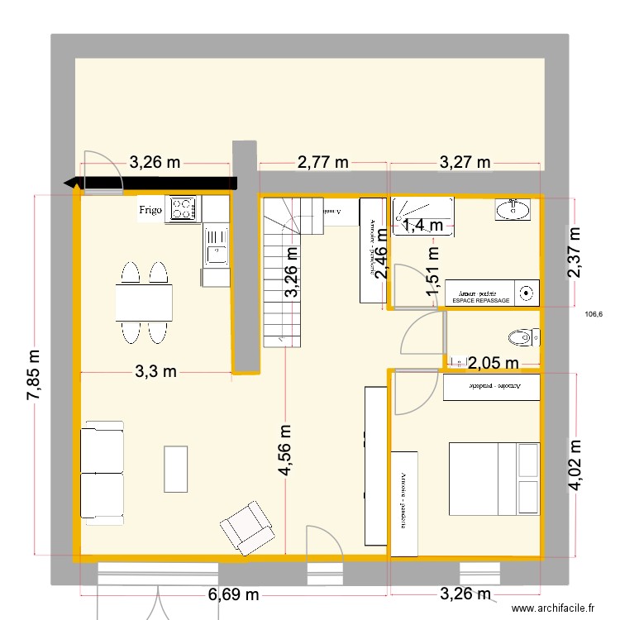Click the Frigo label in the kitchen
click(x=150, y=210)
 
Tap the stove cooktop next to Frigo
click(x=183, y=209)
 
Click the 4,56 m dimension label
click(x=285, y=451)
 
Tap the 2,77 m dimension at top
click(x=322, y=162)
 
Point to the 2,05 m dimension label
click(x=493, y=362)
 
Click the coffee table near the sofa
click(x=175, y=469)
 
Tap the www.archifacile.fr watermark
click(x=553, y=608)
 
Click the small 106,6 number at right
click(x=594, y=313)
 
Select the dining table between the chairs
click(x=145, y=302)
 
